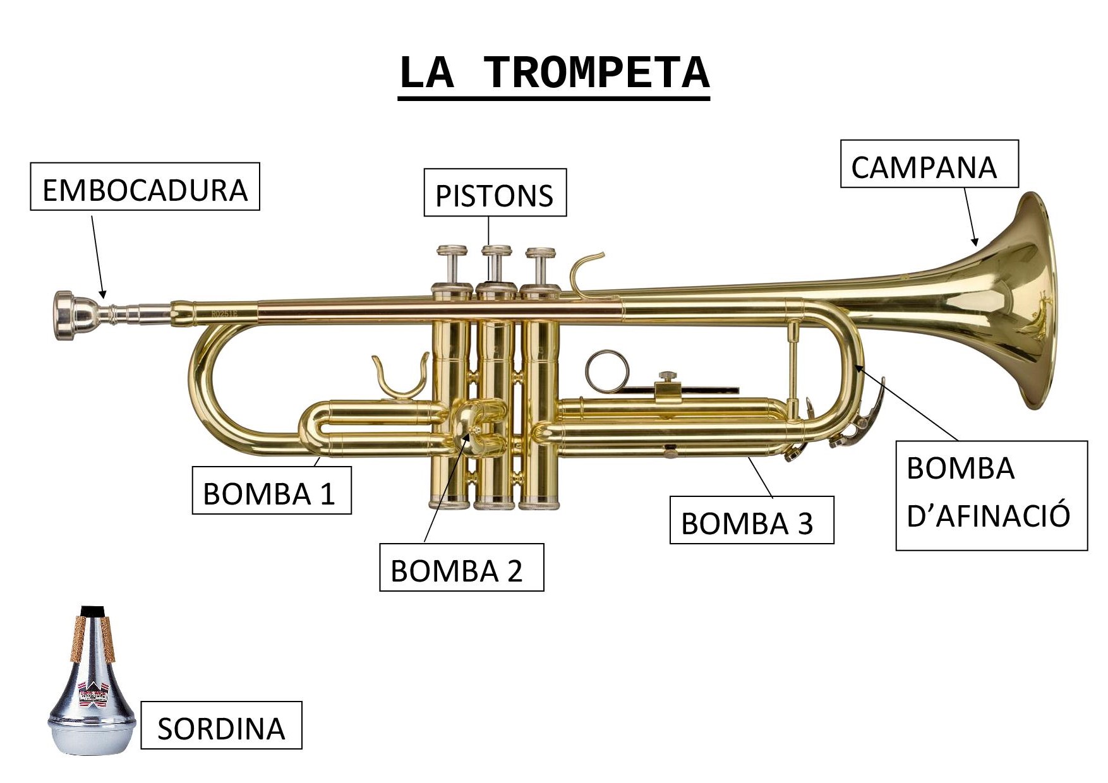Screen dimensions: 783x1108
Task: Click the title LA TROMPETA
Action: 554,73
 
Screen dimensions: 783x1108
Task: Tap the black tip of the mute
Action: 93,611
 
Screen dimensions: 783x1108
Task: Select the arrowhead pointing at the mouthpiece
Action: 104,294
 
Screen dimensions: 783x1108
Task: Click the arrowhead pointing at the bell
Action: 975,242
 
